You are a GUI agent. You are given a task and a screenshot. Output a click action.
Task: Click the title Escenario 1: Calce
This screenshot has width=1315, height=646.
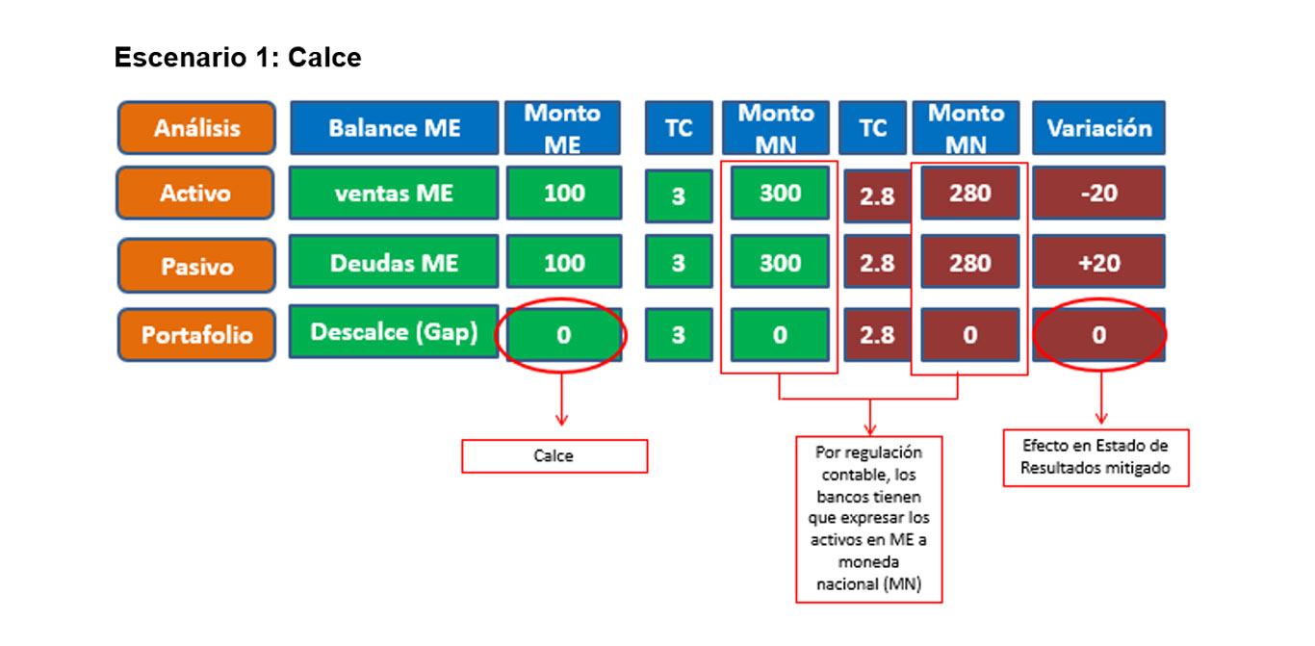coord(238,58)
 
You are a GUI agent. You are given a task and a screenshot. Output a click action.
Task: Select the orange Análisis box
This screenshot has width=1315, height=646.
coord(196,128)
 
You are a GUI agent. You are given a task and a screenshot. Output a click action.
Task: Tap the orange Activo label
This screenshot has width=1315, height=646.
coord(195,194)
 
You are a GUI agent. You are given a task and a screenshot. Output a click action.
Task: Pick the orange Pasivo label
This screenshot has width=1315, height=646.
coord(196,266)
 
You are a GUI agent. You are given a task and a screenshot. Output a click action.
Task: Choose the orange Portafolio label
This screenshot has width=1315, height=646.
coord(196,335)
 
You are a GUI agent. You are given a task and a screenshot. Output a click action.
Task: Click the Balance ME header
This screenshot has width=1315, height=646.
coord(394,128)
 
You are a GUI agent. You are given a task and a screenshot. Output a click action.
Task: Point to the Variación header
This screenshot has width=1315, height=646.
coord(1099,128)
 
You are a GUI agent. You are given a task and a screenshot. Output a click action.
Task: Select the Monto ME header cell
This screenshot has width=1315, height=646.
coord(562,128)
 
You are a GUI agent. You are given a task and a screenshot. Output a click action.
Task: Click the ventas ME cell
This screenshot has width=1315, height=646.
coord(394,194)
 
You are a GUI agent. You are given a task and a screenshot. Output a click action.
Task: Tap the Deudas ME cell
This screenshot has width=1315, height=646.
coord(394,262)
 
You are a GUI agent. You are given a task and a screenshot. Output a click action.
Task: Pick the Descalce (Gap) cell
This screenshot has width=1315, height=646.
coord(394,332)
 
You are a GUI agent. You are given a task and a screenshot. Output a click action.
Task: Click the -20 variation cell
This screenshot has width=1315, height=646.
coord(1099,194)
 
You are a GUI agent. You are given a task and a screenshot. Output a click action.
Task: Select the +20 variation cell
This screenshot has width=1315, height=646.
coord(1099,262)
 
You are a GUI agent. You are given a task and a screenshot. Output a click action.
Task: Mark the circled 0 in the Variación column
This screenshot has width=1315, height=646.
coord(1099,335)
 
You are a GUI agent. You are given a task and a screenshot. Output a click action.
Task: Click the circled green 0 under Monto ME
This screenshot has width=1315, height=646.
coord(563,335)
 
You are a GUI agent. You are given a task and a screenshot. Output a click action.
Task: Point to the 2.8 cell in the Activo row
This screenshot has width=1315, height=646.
coord(877,196)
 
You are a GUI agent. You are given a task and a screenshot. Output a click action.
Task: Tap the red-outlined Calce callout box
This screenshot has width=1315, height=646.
coord(554,456)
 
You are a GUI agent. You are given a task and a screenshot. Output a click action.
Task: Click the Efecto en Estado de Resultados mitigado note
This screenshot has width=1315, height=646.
coord(1096,457)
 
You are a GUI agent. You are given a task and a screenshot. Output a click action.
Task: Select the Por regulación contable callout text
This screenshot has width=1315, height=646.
coord(869,519)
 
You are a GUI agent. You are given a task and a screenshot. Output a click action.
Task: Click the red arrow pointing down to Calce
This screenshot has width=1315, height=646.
coord(562,400)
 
